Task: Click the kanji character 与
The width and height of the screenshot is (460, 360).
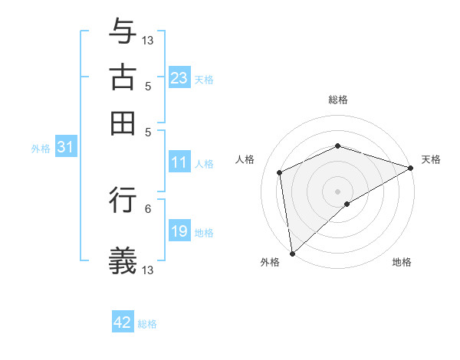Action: pyautogui.click(x=123, y=31)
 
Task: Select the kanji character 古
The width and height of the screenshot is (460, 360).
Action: pyautogui.click(x=123, y=77)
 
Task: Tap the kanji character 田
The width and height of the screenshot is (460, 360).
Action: pyautogui.click(x=123, y=123)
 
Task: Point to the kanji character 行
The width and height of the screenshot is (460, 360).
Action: pyautogui.click(x=123, y=200)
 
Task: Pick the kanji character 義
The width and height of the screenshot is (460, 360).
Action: pyautogui.click(x=123, y=260)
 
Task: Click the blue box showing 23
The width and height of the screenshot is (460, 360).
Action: pyautogui.click(x=179, y=78)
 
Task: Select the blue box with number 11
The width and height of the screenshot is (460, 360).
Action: pyautogui.click(x=179, y=162)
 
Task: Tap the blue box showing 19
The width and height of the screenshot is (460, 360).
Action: pyautogui.click(x=179, y=231)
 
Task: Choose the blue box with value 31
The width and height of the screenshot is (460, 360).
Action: pyautogui.click(x=65, y=147)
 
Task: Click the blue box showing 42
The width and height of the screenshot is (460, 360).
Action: pyautogui.click(x=123, y=322)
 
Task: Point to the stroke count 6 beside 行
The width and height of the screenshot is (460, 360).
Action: pyautogui.click(x=148, y=208)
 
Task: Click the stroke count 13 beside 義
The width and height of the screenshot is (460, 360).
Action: pyautogui.click(x=148, y=270)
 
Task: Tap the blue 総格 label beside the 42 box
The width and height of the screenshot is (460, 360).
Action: pyautogui.click(x=147, y=324)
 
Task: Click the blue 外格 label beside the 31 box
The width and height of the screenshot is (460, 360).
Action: pyautogui.click(x=41, y=149)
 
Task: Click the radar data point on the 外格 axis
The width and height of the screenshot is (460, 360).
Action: pyautogui.click(x=292, y=254)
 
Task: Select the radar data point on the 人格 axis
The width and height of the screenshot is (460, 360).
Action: pyautogui.click(x=280, y=172)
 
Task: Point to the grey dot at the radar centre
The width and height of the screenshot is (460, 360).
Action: pyautogui.click(x=337, y=191)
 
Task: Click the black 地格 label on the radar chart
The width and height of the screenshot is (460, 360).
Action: pyautogui.click(x=402, y=263)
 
